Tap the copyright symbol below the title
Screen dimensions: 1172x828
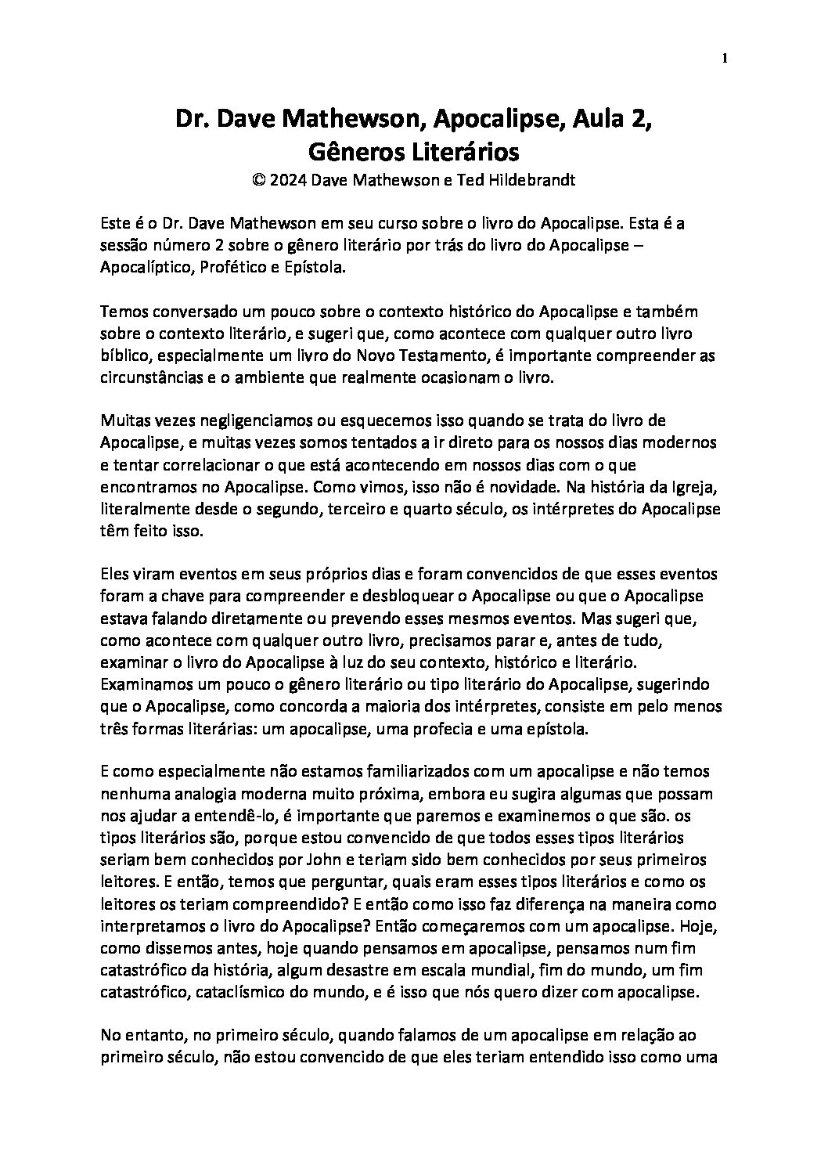[x=258, y=180]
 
